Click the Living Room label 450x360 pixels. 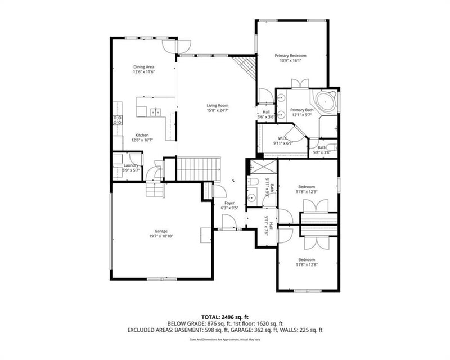(x=217, y=105)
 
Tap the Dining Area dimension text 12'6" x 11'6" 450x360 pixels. (x=144, y=72)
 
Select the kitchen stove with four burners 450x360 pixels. (x=118, y=119)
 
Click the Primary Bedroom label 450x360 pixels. (x=290, y=56)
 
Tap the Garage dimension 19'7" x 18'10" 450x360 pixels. (x=161, y=237)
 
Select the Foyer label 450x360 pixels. (x=229, y=202)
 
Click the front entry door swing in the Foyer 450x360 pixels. (x=228, y=223)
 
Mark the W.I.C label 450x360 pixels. (x=282, y=138)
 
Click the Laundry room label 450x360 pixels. (x=131, y=165)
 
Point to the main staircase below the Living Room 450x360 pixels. (x=197, y=168)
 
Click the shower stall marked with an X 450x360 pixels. (x=262, y=167)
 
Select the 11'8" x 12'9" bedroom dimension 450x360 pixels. (x=307, y=192)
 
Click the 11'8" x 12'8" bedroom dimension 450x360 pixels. (x=307, y=264)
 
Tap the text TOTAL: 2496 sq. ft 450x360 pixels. (x=225, y=317)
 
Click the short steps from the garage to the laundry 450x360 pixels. (x=154, y=191)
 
